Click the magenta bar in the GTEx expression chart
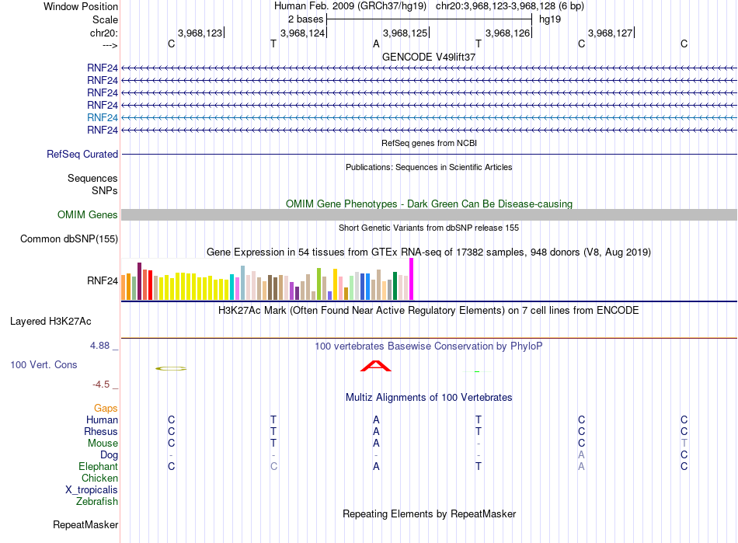point(412,279)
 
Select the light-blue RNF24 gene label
point(103,117)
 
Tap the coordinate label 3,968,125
point(405,33)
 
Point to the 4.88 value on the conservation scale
point(99,346)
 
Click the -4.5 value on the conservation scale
point(101,385)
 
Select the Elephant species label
point(98,466)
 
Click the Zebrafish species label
point(97,501)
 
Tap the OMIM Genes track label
point(88,214)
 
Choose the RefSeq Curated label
point(82,154)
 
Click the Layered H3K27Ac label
point(50,322)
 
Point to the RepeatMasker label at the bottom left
point(85,524)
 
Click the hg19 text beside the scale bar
point(550,19)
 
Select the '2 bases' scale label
point(305,19)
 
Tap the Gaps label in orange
point(106,408)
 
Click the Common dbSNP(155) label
point(69,238)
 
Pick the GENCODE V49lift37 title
point(429,57)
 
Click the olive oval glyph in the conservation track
point(171,368)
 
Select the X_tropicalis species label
point(92,489)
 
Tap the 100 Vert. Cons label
point(44,364)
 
